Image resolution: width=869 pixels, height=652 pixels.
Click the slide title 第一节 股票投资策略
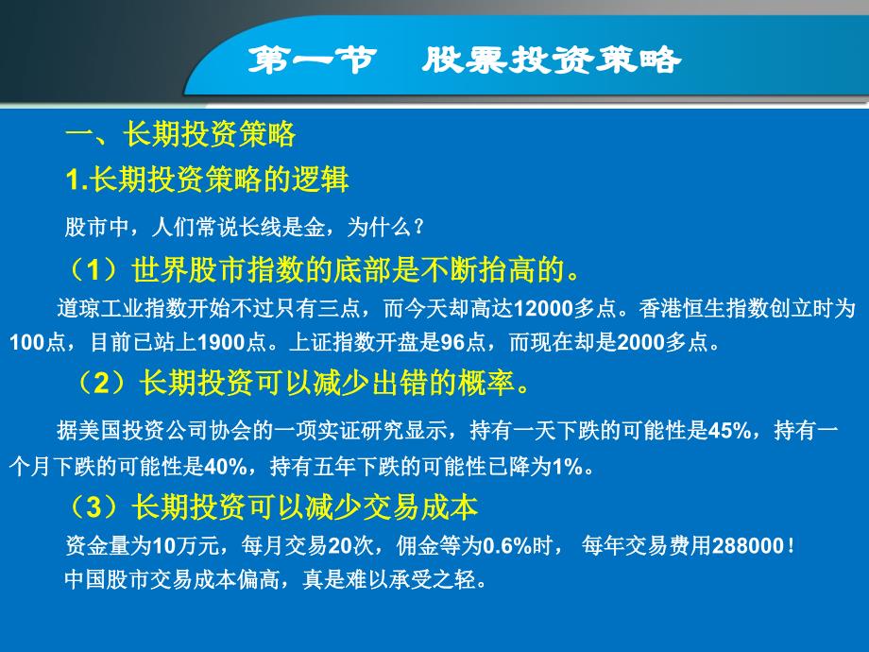coord(465,60)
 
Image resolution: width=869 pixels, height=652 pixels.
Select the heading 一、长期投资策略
coord(180,134)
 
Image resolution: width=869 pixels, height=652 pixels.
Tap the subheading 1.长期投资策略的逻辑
coord(207,180)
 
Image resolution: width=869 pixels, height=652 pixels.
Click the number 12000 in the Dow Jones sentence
coord(543,308)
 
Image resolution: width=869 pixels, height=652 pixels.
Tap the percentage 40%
coord(226,467)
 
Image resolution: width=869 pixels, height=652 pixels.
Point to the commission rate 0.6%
coord(507,545)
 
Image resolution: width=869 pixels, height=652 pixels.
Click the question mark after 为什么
coord(418,228)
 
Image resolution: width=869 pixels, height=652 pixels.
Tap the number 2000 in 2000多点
coord(640,342)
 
